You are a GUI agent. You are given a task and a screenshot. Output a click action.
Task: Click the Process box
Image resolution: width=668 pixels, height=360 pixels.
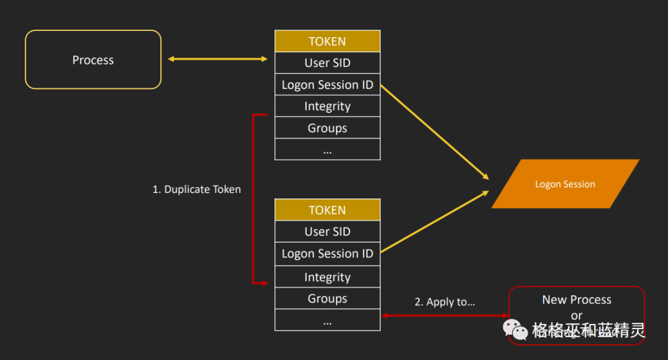coord(93,60)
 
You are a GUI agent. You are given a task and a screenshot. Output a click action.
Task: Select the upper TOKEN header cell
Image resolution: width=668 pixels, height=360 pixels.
coord(327,41)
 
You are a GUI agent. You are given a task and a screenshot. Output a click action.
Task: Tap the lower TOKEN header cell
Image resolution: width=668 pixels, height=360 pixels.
coord(327,210)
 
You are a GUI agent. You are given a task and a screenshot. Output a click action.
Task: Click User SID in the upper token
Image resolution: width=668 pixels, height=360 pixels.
coord(327,62)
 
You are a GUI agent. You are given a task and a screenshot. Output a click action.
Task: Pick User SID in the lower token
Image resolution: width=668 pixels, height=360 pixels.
coord(327,231)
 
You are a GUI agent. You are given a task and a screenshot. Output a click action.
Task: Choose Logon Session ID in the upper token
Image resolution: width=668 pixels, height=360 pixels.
coord(327,85)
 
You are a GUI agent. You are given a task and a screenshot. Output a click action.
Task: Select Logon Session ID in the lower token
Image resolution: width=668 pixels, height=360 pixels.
coord(327,254)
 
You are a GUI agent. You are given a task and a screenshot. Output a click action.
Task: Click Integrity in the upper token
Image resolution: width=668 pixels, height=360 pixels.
coord(327,106)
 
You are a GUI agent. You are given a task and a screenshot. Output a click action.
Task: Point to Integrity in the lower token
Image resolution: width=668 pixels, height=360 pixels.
coord(327,277)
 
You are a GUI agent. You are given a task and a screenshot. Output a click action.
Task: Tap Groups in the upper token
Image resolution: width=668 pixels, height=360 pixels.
coord(327,128)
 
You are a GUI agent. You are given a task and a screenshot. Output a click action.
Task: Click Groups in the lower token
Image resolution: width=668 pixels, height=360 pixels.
coord(327,299)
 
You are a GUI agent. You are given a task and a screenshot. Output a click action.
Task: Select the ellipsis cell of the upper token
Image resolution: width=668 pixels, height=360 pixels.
coord(327,150)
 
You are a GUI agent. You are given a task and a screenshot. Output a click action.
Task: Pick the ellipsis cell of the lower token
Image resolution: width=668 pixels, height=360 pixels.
coord(327,320)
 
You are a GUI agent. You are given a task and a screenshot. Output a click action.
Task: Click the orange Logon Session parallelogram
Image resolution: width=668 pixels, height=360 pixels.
coord(565,184)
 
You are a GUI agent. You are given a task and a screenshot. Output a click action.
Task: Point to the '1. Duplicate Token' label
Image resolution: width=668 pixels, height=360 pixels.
coord(197,189)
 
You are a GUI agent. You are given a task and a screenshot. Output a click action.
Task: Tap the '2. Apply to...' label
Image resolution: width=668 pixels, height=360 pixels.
coord(445,302)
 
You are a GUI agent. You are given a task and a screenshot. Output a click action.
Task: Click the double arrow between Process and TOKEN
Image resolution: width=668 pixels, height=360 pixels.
coord(218,59)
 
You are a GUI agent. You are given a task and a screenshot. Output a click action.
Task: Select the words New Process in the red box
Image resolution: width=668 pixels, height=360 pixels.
coord(576,299)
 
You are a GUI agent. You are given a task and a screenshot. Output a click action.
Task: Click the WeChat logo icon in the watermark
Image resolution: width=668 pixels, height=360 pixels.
coord(515,330)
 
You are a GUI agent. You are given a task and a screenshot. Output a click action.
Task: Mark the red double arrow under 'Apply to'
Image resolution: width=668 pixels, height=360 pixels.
coord(444,315)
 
